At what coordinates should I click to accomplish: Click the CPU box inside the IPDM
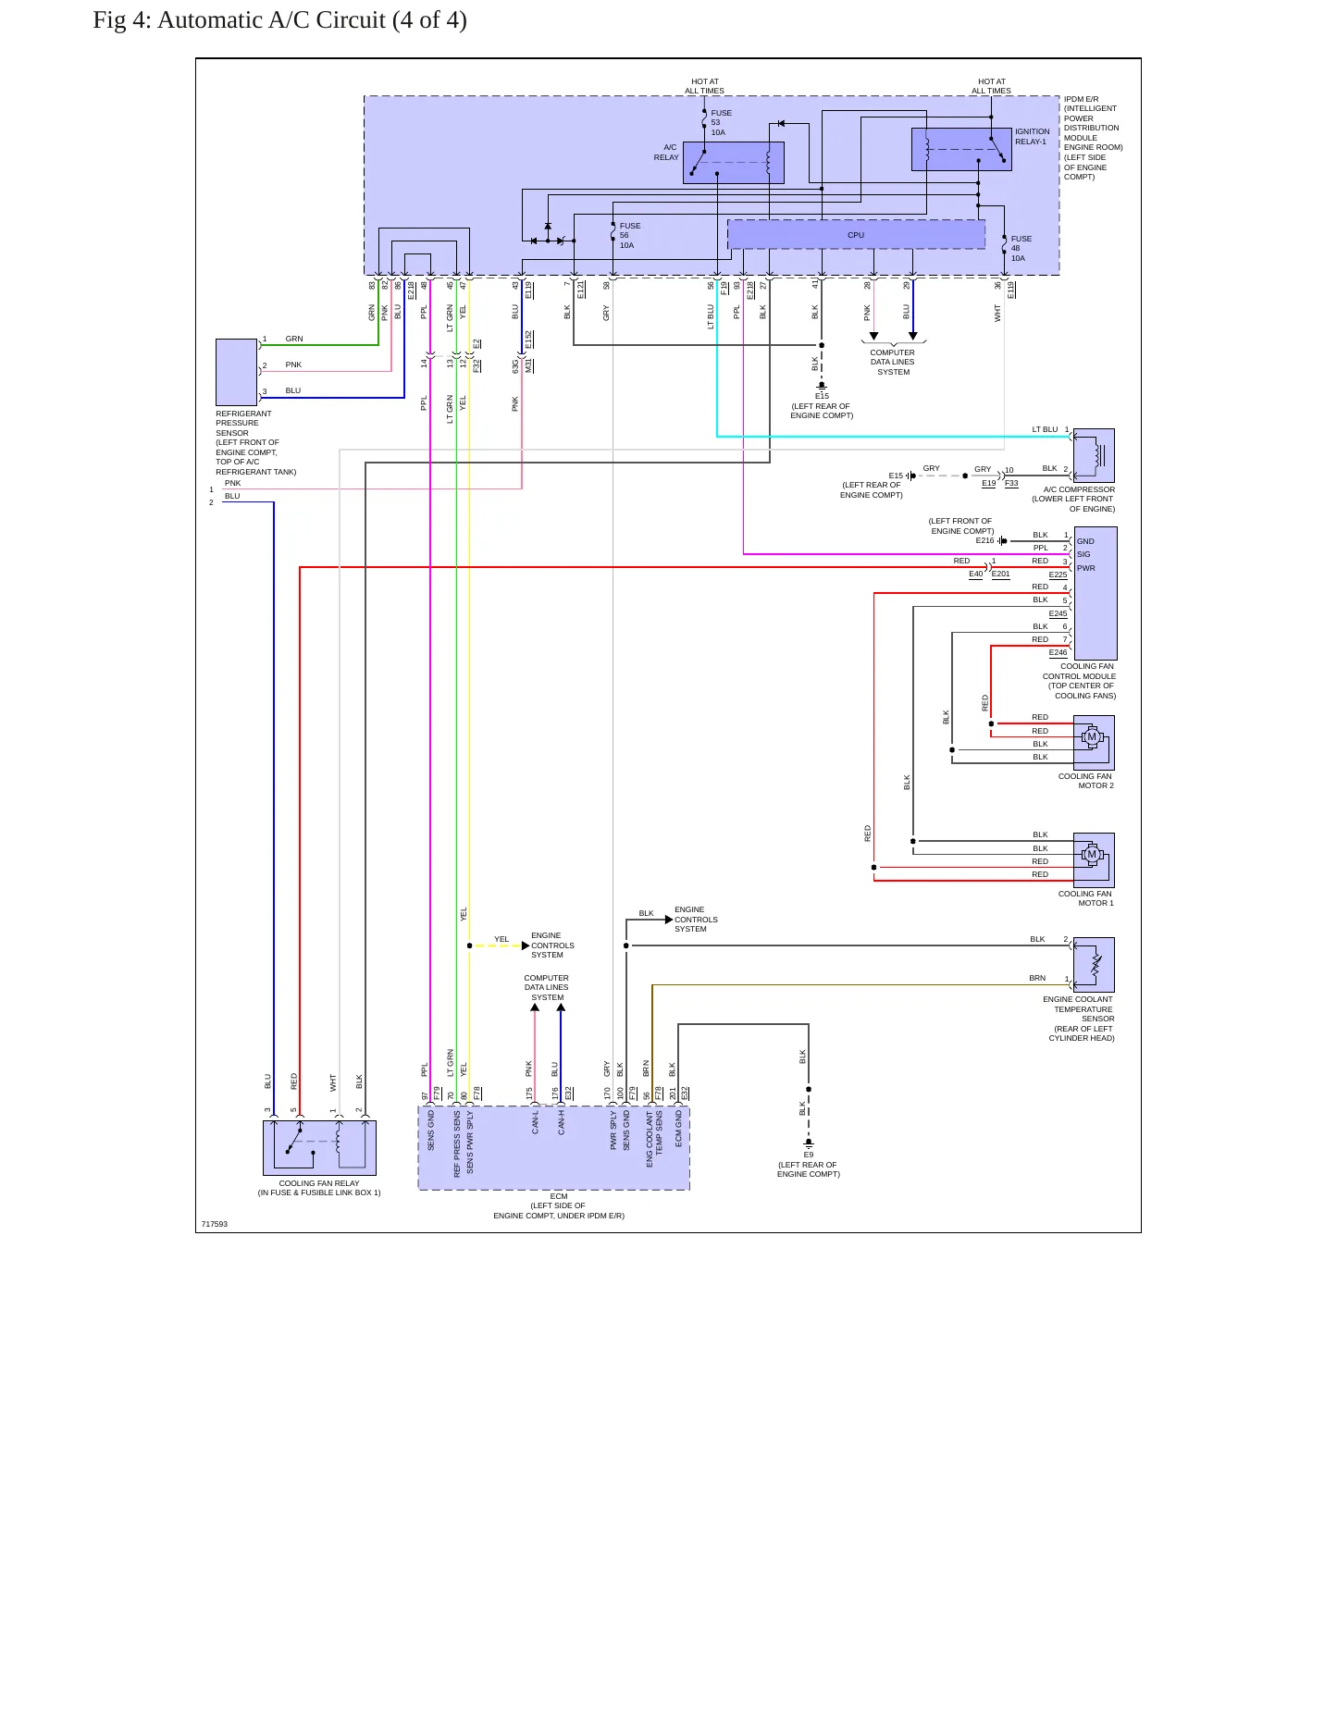(x=856, y=235)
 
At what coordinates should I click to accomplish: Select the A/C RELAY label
(x=666, y=153)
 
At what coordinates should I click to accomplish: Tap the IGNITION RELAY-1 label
(x=1033, y=137)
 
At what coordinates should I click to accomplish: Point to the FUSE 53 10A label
(x=721, y=123)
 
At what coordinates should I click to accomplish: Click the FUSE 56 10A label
(x=629, y=236)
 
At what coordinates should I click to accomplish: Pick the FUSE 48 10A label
(x=1021, y=249)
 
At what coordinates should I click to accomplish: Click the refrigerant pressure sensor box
(x=236, y=372)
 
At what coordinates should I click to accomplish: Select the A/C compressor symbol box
(x=1094, y=455)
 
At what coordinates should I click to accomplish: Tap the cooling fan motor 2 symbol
(x=1094, y=742)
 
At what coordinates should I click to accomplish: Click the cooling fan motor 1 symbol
(x=1094, y=860)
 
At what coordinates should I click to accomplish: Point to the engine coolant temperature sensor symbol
(x=1094, y=965)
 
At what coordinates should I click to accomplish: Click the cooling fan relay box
(x=319, y=1148)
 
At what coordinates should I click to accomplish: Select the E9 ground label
(x=809, y=1155)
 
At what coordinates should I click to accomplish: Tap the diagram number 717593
(x=215, y=1224)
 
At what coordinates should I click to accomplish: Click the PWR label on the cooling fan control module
(x=1086, y=568)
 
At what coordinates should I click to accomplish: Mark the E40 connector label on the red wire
(x=976, y=575)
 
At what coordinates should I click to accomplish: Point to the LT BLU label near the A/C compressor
(x=1045, y=429)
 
